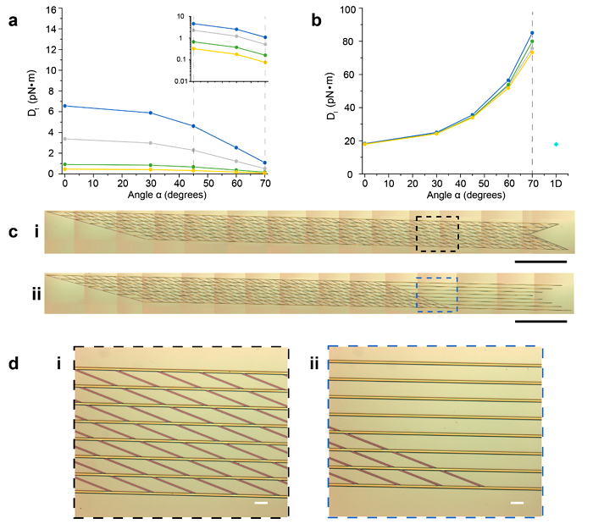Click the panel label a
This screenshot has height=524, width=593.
[13, 20]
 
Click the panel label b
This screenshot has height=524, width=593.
[316, 20]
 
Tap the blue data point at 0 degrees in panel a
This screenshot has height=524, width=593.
[64, 106]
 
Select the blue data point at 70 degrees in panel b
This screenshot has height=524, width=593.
[531, 33]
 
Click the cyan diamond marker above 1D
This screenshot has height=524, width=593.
[556, 145]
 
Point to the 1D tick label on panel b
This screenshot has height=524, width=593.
[556, 183]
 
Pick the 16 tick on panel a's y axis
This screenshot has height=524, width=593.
[51, 9]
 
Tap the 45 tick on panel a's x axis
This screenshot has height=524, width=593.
[193, 183]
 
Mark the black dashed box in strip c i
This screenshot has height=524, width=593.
[437, 234]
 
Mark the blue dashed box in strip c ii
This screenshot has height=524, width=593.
[437, 295]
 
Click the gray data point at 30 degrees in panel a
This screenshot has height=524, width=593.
[151, 143]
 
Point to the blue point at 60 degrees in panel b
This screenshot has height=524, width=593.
[508, 80]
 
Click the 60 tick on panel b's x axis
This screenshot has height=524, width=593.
[508, 183]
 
